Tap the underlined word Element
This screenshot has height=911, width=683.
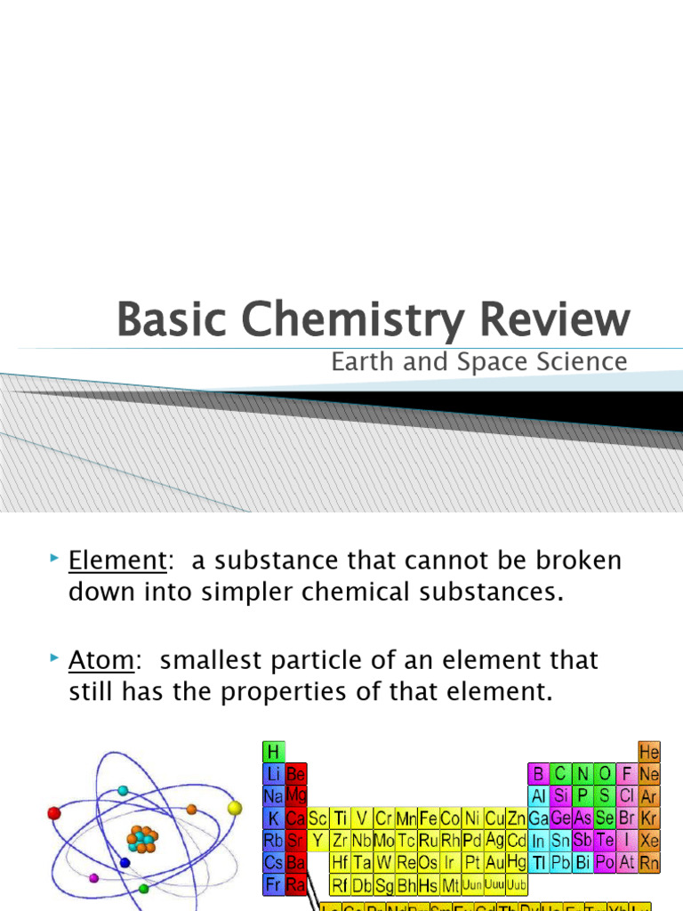pos(117,561)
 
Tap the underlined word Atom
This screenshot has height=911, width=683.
pos(101,661)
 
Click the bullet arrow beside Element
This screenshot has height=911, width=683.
pos(55,559)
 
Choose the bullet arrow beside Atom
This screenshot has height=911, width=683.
pos(55,658)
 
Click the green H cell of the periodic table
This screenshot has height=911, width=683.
pos(273,753)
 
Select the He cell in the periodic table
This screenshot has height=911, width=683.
pos(649,753)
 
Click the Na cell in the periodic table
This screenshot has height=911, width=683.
pos(273,795)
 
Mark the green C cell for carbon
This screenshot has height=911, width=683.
pos(560,774)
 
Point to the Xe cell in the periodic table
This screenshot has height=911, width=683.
pos(649,839)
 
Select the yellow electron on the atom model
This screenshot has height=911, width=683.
pos(235,808)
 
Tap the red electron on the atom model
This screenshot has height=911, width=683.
pos(54,812)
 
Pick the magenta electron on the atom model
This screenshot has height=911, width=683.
pos(94,878)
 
